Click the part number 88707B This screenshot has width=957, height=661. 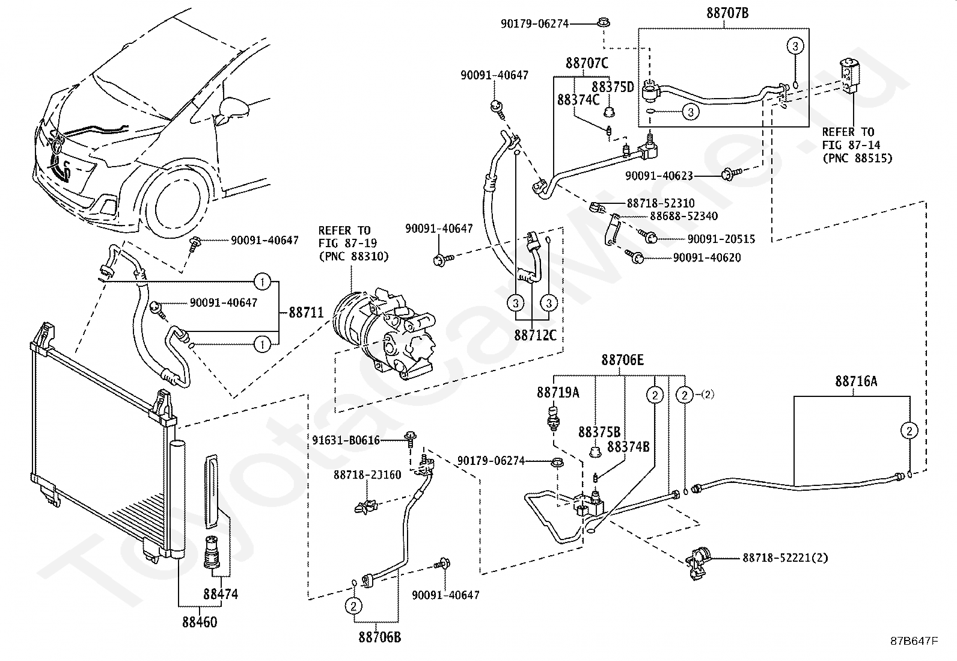click(x=727, y=13)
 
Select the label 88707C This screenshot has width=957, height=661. click(x=587, y=63)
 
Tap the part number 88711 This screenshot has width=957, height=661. click(x=307, y=313)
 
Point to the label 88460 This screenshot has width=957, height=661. click(x=200, y=622)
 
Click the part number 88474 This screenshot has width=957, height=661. click(x=221, y=594)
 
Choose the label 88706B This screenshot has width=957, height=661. click(x=380, y=638)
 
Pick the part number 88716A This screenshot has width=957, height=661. click(x=856, y=381)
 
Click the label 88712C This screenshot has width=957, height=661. click(x=536, y=335)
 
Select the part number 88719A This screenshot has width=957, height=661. click(x=558, y=393)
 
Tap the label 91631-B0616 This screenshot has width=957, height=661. click(x=346, y=440)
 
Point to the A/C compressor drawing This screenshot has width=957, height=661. click(x=384, y=333)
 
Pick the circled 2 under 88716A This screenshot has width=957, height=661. click(x=909, y=431)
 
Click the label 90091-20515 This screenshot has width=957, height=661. click(x=721, y=239)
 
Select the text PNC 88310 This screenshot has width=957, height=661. click(x=353, y=257)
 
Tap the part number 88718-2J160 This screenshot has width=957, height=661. click(x=367, y=475)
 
